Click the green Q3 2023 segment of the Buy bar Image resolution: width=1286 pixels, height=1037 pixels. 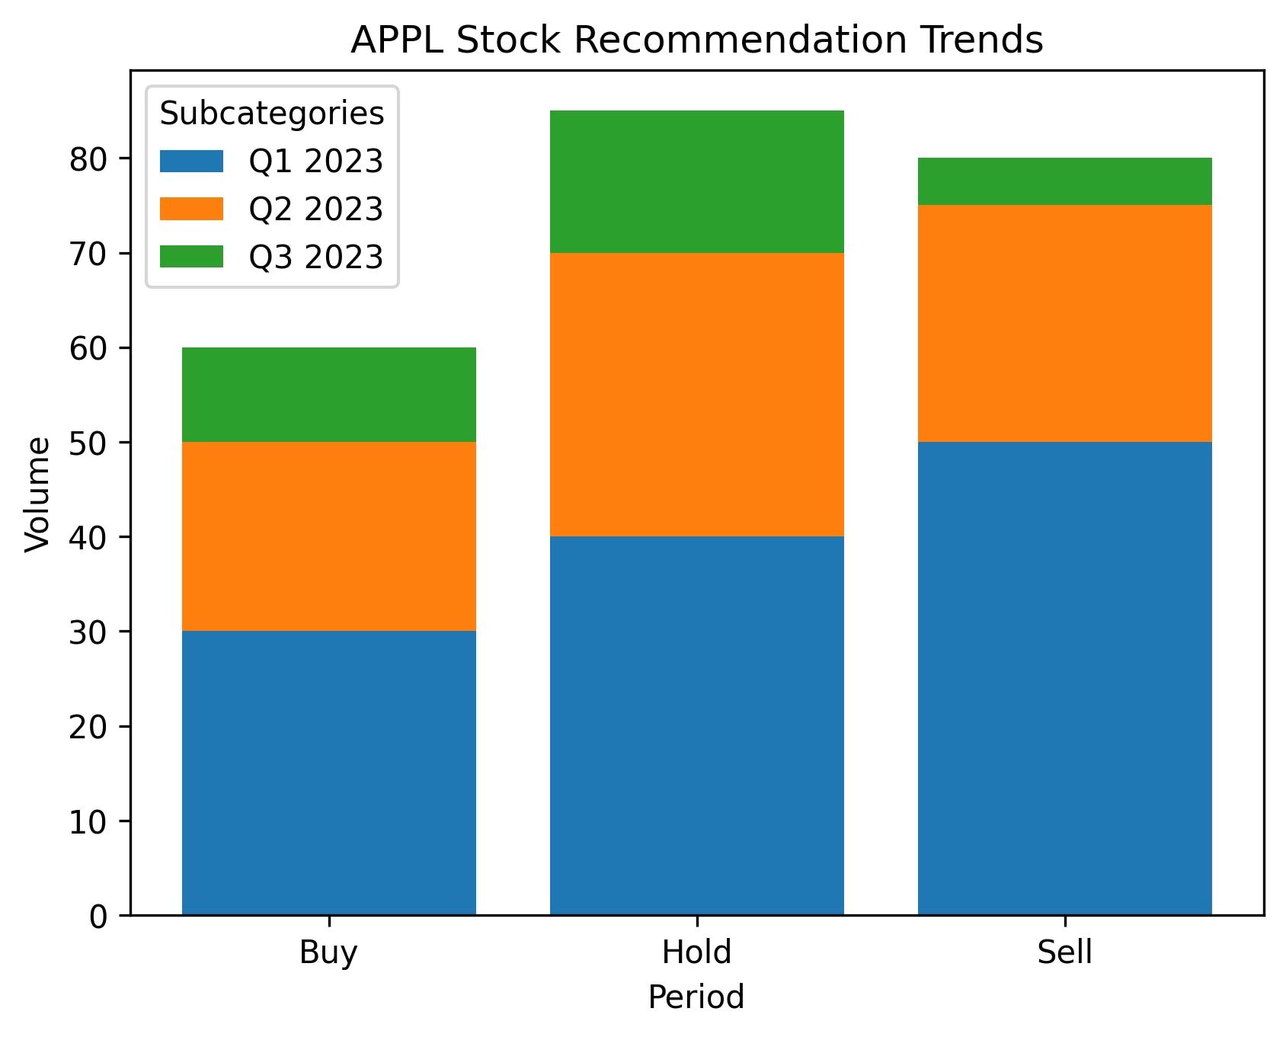[x=329, y=395]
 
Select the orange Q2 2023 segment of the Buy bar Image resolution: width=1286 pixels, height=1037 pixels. [x=329, y=536]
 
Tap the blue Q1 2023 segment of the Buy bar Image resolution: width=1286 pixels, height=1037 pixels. [x=329, y=773]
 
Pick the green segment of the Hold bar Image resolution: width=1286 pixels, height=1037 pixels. [x=697, y=181]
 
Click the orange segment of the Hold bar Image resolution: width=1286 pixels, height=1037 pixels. [x=697, y=395]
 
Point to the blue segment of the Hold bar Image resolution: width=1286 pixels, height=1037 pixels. [x=697, y=725]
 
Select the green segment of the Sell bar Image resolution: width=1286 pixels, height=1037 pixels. [x=1065, y=181]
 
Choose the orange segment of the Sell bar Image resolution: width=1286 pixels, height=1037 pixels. [x=1065, y=324]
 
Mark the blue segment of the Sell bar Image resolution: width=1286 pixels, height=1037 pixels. [x=1065, y=678]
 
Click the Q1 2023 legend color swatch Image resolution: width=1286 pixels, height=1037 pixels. [x=191, y=161]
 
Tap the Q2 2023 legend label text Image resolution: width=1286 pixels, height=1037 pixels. [x=315, y=209]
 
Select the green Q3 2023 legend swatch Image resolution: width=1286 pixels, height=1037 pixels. [x=191, y=257]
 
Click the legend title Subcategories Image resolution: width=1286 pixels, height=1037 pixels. [x=272, y=114]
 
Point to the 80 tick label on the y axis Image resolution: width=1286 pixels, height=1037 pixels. [x=89, y=158]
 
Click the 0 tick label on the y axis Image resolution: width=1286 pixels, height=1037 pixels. [x=99, y=916]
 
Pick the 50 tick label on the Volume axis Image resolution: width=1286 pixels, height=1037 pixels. [x=89, y=443]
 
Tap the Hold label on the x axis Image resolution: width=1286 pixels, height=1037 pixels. [x=696, y=952]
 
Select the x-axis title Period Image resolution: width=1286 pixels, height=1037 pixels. [x=696, y=997]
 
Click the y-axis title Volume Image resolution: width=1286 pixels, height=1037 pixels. [x=37, y=494]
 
